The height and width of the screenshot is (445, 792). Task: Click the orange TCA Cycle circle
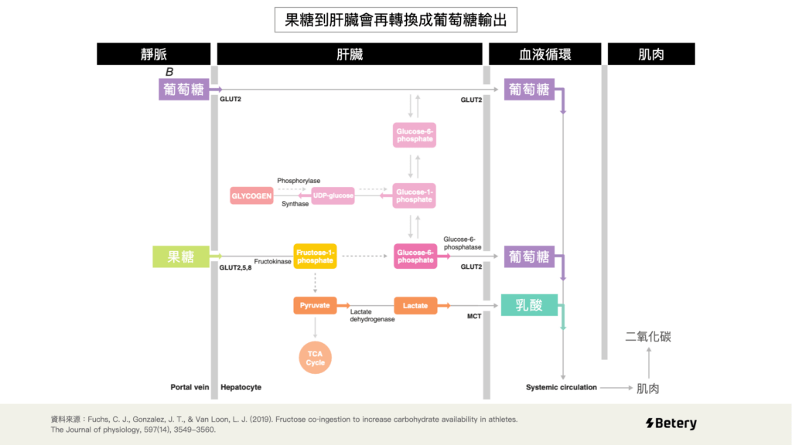(316, 358)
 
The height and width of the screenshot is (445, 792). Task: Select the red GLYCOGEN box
(251, 196)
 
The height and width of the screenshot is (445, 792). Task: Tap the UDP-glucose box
(333, 196)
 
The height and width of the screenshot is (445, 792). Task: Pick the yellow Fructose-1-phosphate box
(315, 256)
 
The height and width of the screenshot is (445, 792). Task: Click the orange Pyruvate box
(315, 306)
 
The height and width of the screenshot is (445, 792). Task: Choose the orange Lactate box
(415, 306)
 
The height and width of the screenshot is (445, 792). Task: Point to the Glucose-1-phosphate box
(414, 196)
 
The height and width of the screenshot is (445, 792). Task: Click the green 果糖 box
(181, 256)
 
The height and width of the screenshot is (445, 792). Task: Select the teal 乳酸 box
(530, 305)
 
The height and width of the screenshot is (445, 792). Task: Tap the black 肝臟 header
(350, 54)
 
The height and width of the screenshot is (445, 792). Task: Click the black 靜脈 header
(154, 54)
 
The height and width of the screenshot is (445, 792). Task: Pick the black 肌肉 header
(651, 54)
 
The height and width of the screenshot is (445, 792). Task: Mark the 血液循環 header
(544, 54)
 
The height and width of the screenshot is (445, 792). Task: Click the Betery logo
(671, 423)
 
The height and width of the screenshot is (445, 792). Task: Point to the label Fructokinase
(273, 262)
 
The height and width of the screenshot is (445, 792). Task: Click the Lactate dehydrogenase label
(373, 315)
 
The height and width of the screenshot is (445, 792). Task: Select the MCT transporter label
(474, 317)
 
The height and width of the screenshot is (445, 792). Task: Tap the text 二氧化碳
(648, 337)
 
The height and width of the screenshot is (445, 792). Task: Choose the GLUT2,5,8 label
(236, 268)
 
